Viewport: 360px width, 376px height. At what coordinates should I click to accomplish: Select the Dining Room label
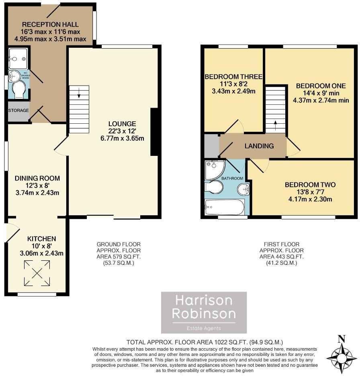point(37,178)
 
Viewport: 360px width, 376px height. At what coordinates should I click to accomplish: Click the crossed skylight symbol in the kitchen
point(37,274)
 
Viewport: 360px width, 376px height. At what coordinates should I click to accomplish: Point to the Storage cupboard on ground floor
point(18,110)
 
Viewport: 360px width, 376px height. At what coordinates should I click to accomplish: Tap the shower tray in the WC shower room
point(18,59)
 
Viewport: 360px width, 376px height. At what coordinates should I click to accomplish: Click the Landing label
point(259,146)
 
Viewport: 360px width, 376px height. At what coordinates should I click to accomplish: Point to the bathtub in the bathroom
point(224,208)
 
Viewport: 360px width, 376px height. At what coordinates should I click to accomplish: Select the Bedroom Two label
point(310,185)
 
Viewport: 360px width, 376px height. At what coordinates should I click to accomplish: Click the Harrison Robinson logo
point(204,312)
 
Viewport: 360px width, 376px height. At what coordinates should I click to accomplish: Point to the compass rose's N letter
point(342,339)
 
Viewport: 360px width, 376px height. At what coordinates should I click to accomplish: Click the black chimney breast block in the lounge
point(154,132)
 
